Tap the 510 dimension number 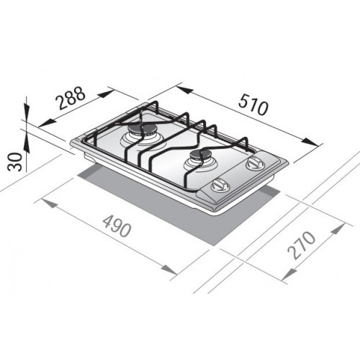[253, 107]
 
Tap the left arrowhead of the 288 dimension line [31, 122]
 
